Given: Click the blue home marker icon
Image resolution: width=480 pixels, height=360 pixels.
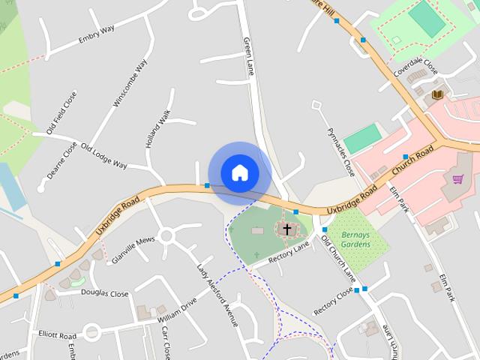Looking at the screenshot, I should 239,173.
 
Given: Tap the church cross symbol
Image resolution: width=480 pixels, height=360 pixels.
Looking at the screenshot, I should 286,229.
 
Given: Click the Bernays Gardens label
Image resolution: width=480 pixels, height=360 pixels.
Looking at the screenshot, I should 355,239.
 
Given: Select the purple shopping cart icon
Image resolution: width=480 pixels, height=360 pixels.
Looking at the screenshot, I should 458,179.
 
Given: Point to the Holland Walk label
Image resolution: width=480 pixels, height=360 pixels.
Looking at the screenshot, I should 159,127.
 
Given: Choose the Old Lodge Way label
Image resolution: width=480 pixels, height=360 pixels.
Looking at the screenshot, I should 103,155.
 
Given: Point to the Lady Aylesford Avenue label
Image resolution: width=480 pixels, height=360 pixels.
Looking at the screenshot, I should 217,295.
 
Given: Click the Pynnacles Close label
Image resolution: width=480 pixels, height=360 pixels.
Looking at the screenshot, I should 340,152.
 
